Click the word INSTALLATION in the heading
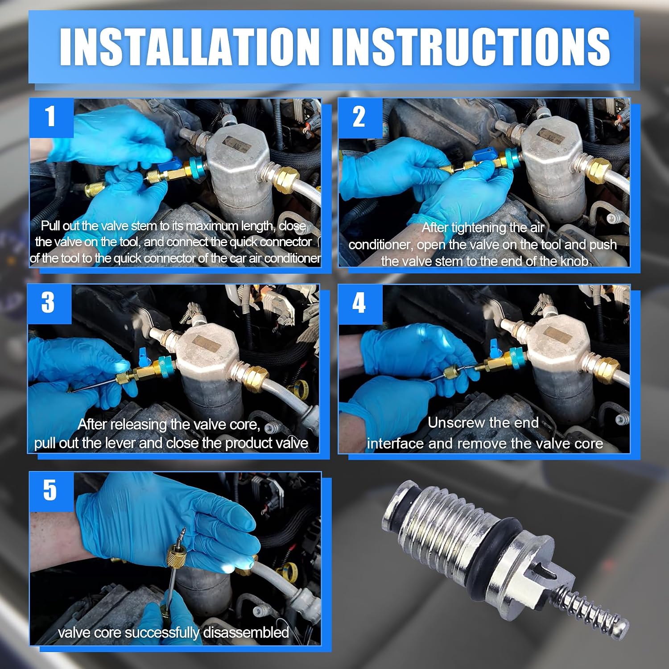point(190,46)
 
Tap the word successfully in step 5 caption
point(163,633)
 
